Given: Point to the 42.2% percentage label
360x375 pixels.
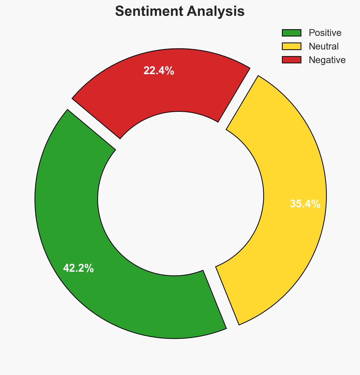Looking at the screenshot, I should [78, 268].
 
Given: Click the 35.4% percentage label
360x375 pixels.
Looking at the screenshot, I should [305, 204].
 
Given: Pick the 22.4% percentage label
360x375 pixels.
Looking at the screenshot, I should [158, 71].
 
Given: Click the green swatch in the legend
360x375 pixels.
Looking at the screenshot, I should [292, 33].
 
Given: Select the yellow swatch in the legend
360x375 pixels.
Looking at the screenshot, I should [292, 46].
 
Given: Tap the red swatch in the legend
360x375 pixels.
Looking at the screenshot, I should [292, 60].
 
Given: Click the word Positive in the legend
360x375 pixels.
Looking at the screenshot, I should [325, 33].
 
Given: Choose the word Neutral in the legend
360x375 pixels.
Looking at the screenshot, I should [323, 46].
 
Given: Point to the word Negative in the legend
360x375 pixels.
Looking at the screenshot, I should [327, 60].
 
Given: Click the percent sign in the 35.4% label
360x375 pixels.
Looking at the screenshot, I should [317, 204].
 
